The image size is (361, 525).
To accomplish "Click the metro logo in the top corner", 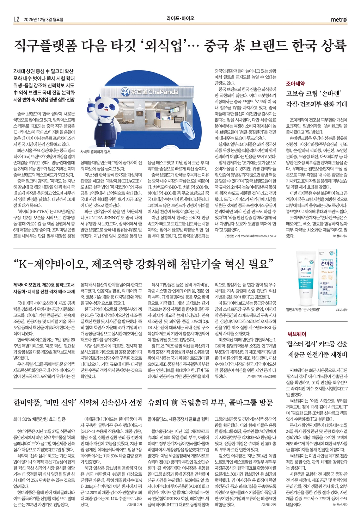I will (x=339, y=19).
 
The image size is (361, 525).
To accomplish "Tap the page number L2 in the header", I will (x=17, y=19).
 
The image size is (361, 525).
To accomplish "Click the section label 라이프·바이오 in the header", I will (x=180, y=18).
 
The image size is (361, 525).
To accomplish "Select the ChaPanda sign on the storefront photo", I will (x=150, y=92).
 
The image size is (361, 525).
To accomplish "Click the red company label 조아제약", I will (x=295, y=84).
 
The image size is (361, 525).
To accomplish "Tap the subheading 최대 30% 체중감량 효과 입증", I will (x=39, y=419).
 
